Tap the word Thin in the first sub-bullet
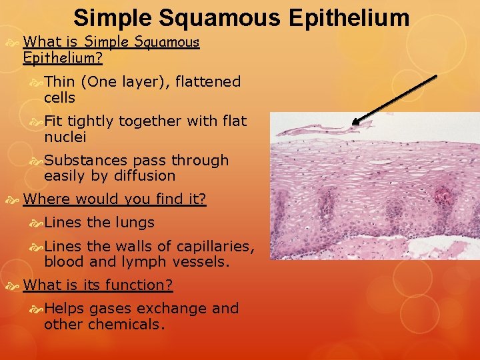pyautogui.click(x=59, y=82)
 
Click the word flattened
pyautogui.click(x=208, y=82)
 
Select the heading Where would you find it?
pyautogui.click(x=115, y=199)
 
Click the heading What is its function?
pyautogui.click(x=98, y=285)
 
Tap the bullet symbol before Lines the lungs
pyautogui.click(x=37, y=223)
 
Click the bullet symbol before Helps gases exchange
pyautogui.click(x=37, y=309)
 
